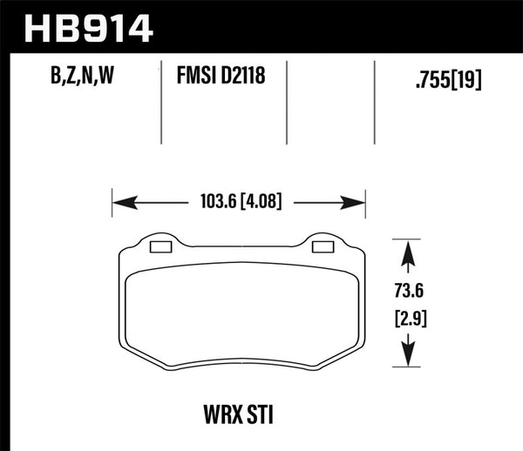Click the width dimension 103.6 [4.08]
(x=238, y=205)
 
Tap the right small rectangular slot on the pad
(x=321, y=247)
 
